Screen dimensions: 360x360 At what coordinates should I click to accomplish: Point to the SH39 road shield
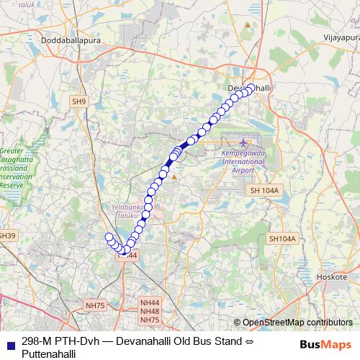pyautogui.click(x=7, y=235)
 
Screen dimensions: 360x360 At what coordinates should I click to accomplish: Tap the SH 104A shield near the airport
pyautogui.click(x=264, y=189)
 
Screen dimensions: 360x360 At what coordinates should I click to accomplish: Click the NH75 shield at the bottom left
pyautogui.click(x=95, y=305)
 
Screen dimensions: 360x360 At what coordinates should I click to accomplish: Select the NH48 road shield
pyautogui.click(x=150, y=312)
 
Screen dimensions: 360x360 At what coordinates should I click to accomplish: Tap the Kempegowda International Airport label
pyautogui.click(x=243, y=163)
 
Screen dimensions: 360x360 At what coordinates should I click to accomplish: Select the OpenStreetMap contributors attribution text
pyautogui.click(x=297, y=323)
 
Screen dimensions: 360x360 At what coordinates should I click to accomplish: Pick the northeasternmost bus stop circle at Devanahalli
pyautogui.click(x=251, y=87)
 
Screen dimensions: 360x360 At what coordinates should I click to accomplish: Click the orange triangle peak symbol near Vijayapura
pyautogui.click(x=248, y=25)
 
